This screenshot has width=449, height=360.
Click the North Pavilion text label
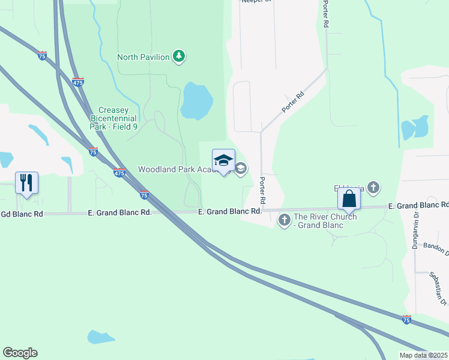click(x=142, y=57)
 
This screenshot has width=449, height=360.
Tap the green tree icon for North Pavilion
click(x=178, y=56)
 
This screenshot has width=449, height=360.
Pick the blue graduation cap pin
click(x=223, y=161)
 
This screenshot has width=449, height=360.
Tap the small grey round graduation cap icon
click(x=241, y=169)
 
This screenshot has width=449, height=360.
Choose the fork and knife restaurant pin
click(x=26, y=182)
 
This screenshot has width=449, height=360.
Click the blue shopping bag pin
click(x=349, y=199)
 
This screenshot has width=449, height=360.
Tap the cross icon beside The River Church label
click(x=285, y=221)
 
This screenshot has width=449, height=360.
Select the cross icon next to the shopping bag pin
click(x=373, y=188)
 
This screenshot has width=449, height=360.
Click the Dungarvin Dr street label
click(x=415, y=231)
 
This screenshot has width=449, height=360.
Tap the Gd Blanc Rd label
click(x=22, y=214)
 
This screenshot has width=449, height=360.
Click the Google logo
click(x=20, y=353)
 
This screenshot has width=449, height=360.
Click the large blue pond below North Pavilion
click(x=196, y=101)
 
